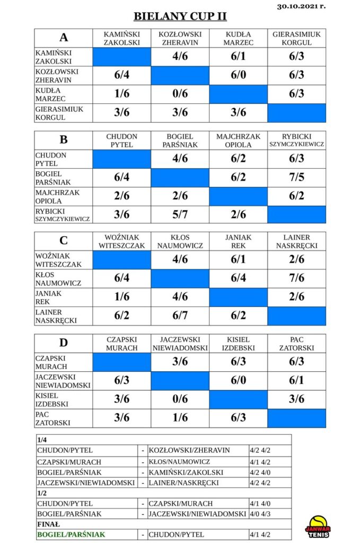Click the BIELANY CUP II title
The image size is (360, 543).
point(180,16)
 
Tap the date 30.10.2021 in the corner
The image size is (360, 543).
point(301,6)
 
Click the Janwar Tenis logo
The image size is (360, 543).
point(318,527)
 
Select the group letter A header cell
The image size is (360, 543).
point(63,38)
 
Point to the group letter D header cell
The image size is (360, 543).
point(63,343)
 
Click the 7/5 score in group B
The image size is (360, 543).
point(297,177)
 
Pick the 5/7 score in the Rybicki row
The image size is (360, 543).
point(180,215)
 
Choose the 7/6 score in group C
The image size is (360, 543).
point(297,278)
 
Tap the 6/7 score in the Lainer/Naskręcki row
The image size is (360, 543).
point(180,316)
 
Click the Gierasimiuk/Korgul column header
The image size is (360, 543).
point(297,38)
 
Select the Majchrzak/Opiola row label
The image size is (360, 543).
point(57,197)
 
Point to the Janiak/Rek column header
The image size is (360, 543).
point(238,241)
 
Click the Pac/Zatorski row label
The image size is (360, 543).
point(52,418)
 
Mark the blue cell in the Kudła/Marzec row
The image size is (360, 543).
point(238,94)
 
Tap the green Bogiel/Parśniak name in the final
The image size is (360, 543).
point(71,535)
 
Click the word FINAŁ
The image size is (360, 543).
point(48,524)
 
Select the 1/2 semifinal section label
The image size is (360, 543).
point(41,493)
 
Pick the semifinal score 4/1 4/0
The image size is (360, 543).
point(260,504)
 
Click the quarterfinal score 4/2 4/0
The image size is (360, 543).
point(260,472)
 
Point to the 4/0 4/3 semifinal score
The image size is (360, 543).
point(260,514)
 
